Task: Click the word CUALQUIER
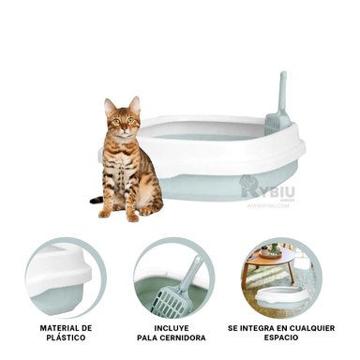point(312,327)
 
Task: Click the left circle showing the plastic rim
point(63,276)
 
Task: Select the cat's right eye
point(112,120)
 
